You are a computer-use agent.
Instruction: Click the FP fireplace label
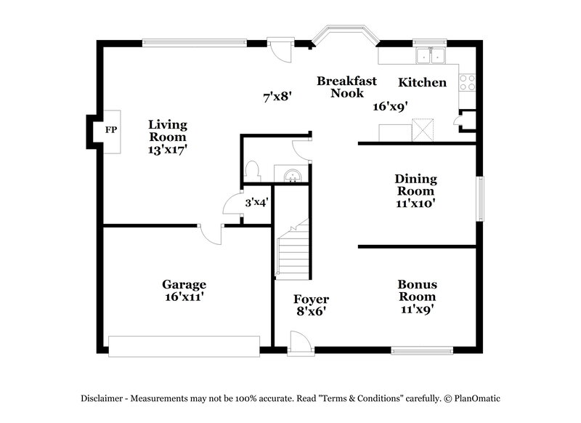pyautogui.click(x=111, y=131)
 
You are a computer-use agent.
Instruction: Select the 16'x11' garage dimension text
pyautogui.click(x=184, y=297)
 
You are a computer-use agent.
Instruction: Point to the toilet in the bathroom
pyautogui.click(x=253, y=172)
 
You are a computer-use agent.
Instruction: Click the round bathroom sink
pyautogui.click(x=292, y=174)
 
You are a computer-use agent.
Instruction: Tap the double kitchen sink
pyautogui.click(x=431, y=55)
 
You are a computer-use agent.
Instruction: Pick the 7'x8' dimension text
pyautogui.click(x=277, y=95)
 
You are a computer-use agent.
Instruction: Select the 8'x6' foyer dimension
pyautogui.click(x=311, y=311)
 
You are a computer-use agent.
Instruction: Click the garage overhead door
pyautogui.click(x=184, y=346)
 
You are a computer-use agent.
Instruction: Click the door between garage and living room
pyautogui.click(x=211, y=233)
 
